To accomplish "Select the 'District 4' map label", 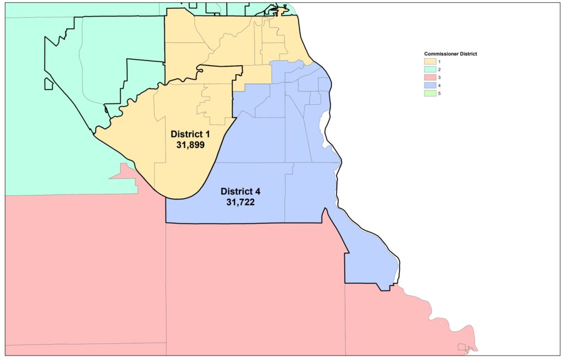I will pos(240,192).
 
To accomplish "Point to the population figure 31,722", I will pos(240,202).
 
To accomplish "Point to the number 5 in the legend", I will pos(440,94).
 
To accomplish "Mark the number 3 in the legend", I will pos(440,78).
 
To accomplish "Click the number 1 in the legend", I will pos(440,61).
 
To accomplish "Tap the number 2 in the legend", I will pos(440,70).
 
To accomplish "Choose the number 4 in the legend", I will pos(440,86).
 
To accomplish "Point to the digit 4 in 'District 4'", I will pos(257,192).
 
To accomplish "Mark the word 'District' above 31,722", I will pos(236,192).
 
